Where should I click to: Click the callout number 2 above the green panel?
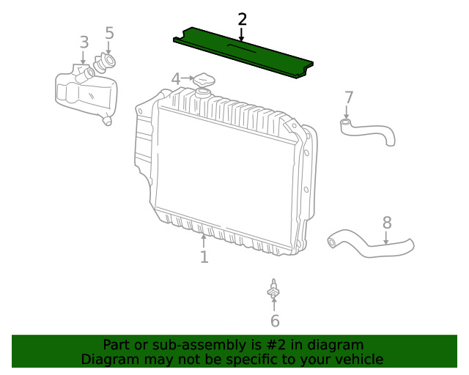(x=242, y=19)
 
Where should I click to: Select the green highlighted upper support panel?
(x=242, y=52)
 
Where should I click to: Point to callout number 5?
(x=109, y=33)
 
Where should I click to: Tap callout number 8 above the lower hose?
(x=387, y=222)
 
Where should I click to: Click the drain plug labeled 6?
(x=274, y=292)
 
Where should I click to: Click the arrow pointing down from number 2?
(x=242, y=34)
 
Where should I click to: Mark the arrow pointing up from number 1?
(x=204, y=239)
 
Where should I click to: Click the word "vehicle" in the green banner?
(x=357, y=360)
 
